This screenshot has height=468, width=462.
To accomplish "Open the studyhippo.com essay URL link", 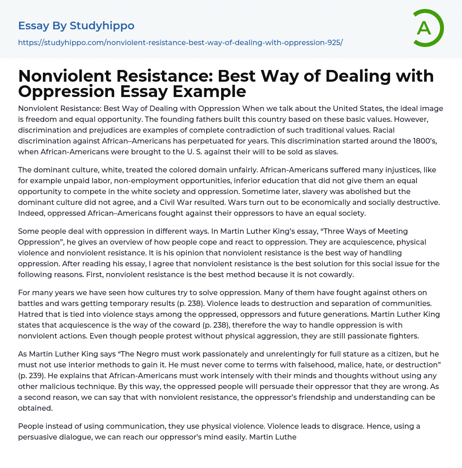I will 180,42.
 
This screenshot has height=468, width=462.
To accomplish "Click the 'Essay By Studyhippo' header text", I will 76,26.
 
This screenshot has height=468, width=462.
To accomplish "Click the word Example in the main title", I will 210,91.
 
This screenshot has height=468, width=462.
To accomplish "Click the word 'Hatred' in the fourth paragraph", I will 30,314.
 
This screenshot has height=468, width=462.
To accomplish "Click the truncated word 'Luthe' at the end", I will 286,437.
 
